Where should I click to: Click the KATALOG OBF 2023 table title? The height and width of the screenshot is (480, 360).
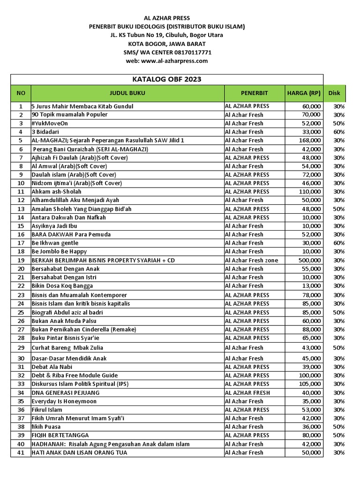pos(167,79)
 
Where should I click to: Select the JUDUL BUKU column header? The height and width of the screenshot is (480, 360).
pos(127,93)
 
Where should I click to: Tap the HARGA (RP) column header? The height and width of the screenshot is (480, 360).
pos(303,93)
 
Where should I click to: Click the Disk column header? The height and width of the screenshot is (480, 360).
pos(334,93)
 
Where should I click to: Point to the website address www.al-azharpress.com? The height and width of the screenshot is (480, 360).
pos(174,61)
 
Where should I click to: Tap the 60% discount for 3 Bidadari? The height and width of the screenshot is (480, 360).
pos(338,132)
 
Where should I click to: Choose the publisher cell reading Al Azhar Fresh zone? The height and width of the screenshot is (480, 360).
pos(251,260)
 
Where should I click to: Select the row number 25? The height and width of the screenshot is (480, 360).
pos(21,312)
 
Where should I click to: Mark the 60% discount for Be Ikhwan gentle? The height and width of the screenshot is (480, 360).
pos(338,243)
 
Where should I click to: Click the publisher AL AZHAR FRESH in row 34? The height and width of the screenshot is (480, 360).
pos(247,392)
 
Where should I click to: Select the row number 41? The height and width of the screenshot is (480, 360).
pos(21,453)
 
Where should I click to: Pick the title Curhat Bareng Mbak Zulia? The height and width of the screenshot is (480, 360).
pos(67,348)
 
